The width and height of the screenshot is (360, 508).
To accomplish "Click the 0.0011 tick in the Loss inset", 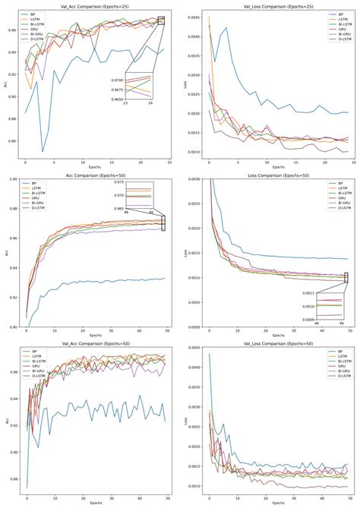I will tap(292, 292).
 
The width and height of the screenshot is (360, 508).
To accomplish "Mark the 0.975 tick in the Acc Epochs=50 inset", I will tap(121, 182).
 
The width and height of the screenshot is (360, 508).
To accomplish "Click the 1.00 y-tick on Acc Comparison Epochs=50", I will tap(15, 179).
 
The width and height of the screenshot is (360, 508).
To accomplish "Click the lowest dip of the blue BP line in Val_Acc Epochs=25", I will tap(43, 151).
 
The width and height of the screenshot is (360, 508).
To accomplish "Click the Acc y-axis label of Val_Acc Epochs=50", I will tap(6, 420).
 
